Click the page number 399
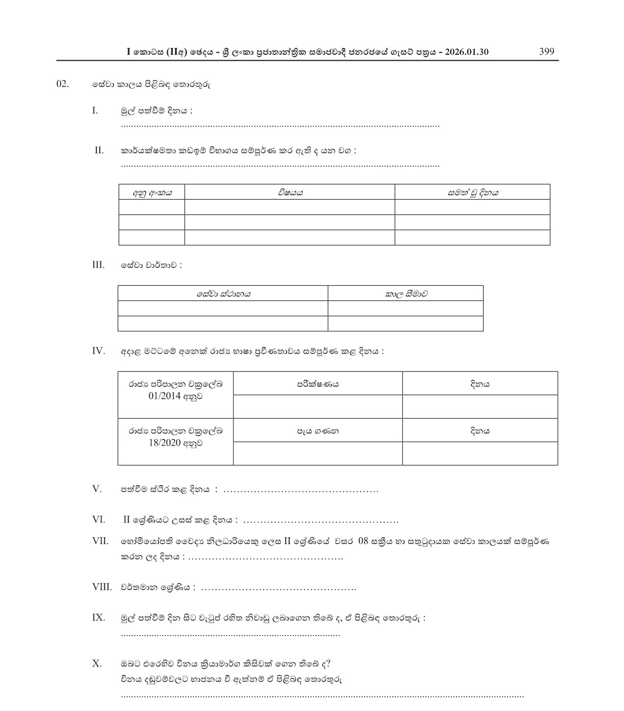(546, 52)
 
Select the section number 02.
(63, 84)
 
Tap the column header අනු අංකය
(152, 192)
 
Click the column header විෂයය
(290, 192)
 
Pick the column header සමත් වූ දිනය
(472, 192)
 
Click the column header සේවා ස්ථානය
(223, 294)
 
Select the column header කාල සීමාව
(406, 294)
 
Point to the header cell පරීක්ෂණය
(318, 384)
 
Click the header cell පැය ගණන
(318, 431)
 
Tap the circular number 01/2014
(164, 396)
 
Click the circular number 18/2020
(164, 443)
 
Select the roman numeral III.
(98, 265)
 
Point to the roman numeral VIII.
(102, 587)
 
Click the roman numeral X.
(97, 663)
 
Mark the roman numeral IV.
(98, 350)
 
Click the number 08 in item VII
(363, 541)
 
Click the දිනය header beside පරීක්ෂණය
(480, 384)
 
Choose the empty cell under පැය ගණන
(318, 454)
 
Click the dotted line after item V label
(300, 490)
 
